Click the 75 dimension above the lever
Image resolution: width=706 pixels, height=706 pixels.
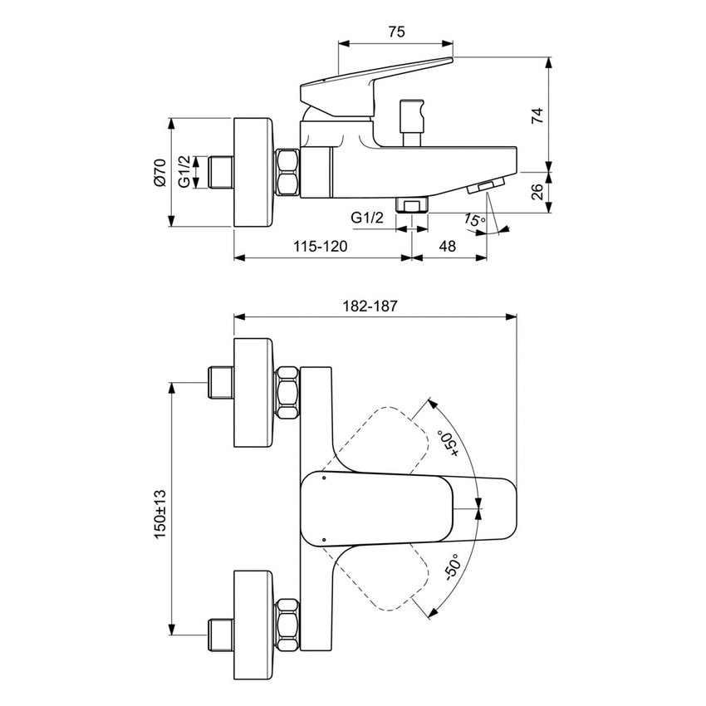click(x=396, y=32)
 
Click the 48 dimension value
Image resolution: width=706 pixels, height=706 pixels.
click(x=447, y=246)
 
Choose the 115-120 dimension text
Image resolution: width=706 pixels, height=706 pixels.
click(x=320, y=246)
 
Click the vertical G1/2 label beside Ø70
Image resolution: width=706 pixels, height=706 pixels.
click(x=184, y=172)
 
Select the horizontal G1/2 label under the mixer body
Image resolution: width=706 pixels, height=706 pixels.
click(x=367, y=218)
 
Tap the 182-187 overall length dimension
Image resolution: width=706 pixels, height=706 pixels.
click(x=370, y=305)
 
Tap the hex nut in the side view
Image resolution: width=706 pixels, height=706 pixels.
click(x=287, y=173)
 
